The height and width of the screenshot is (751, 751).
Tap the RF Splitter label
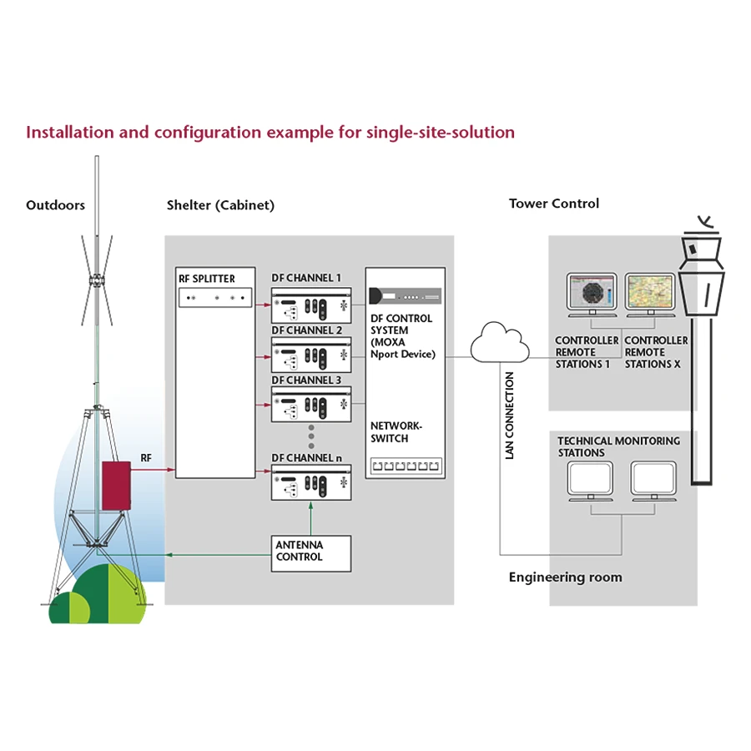[207, 279]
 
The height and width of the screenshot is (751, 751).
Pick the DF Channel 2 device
[310, 355]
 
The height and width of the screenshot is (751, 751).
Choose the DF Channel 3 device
[310, 404]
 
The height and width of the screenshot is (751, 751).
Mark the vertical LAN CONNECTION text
[510, 415]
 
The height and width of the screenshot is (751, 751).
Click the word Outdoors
[55, 205]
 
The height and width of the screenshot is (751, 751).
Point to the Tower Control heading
[554, 204]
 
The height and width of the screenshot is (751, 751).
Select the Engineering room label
[565, 577]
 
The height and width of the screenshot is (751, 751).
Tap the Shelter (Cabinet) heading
[220, 205]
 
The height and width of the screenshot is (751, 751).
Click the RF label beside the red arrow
[146, 458]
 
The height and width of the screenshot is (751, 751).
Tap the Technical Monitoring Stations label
[618, 446]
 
